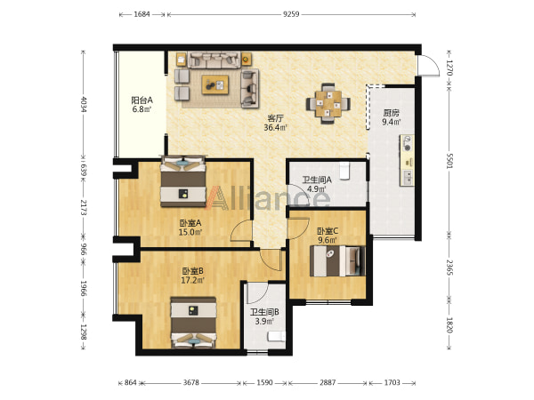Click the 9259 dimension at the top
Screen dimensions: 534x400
click(291, 14)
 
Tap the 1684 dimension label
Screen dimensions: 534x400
click(142, 14)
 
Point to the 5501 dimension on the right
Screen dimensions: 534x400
click(449, 160)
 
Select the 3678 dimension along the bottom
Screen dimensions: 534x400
click(190, 382)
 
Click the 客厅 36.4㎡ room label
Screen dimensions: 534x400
click(275, 123)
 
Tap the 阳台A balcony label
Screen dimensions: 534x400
click(142, 100)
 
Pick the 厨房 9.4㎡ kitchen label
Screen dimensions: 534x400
click(391, 117)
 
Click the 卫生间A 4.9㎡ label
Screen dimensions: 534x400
click(317, 184)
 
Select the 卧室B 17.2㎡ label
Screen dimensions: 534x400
click(193, 276)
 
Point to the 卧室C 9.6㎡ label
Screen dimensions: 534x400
click(328, 236)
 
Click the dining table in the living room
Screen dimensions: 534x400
click(328, 103)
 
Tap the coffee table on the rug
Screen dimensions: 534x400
click(215, 84)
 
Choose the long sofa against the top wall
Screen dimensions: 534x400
click(214, 60)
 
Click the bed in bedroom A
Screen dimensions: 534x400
click(183, 181)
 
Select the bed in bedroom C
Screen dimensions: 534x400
click(337, 260)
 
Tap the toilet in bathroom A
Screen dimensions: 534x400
click(344, 171)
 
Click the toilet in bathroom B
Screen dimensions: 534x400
click(276, 337)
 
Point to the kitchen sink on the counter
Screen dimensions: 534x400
click(407, 177)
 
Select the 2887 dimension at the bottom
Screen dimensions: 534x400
click(328, 382)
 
